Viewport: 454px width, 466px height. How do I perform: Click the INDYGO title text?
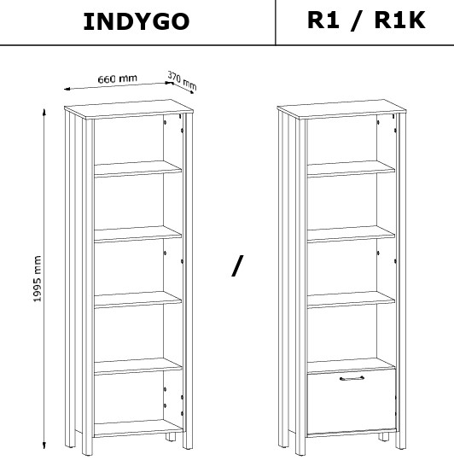click(137, 21)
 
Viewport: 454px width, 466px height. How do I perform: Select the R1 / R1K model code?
click(366, 20)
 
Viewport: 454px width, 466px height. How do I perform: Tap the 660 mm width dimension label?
click(118, 79)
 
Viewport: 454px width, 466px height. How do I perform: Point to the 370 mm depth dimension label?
click(182, 80)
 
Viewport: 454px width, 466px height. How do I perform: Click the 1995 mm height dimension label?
click(37, 278)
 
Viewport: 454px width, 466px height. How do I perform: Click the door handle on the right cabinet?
click(352, 378)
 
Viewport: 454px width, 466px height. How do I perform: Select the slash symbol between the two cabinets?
click(237, 266)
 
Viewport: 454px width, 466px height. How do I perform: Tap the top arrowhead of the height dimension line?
click(44, 112)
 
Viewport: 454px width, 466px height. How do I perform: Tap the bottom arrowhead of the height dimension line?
click(44, 446)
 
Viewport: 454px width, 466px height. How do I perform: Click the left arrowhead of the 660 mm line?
click(67, 89)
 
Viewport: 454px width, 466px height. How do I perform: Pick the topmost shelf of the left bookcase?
click(138, 169)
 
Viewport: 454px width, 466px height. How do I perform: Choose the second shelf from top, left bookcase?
click(138, 234)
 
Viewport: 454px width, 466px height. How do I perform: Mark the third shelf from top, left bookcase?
click(138, 300)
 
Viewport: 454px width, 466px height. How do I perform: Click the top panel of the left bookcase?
click(129, 109)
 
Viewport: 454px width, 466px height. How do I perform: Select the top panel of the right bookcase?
click(341, 109)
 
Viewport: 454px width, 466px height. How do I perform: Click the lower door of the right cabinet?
click(352, 402)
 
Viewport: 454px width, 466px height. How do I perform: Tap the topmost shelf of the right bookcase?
click(351, 169)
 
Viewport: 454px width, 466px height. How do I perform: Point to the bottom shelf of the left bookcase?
click(138, 428)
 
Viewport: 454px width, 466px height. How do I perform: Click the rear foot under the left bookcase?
click(171, 437)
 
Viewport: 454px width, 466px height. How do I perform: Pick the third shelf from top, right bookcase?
click(351, 300)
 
